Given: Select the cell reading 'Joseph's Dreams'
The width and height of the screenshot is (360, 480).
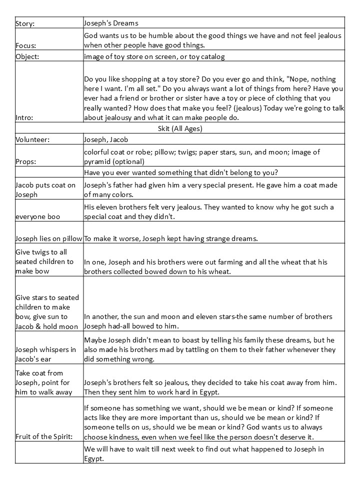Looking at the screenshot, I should tap(111, 23).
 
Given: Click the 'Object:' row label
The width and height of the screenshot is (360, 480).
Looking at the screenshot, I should tap(27, 56).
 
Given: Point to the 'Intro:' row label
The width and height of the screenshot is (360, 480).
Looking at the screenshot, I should tap(25, 118).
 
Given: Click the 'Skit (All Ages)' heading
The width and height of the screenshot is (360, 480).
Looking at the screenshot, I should tap(179, 128).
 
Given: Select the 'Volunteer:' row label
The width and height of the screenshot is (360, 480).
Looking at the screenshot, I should tap(33, 140).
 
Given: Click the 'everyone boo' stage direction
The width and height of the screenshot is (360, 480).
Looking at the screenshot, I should tap(38, 217).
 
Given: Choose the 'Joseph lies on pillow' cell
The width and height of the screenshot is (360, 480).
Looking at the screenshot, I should tap(49, 238).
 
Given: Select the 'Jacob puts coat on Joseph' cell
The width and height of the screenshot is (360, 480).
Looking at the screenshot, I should tap(45, 189).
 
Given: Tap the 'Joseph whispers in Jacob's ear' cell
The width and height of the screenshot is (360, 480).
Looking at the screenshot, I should tap(45, 354).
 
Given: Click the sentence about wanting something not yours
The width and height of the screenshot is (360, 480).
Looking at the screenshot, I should tap(181, 173).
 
